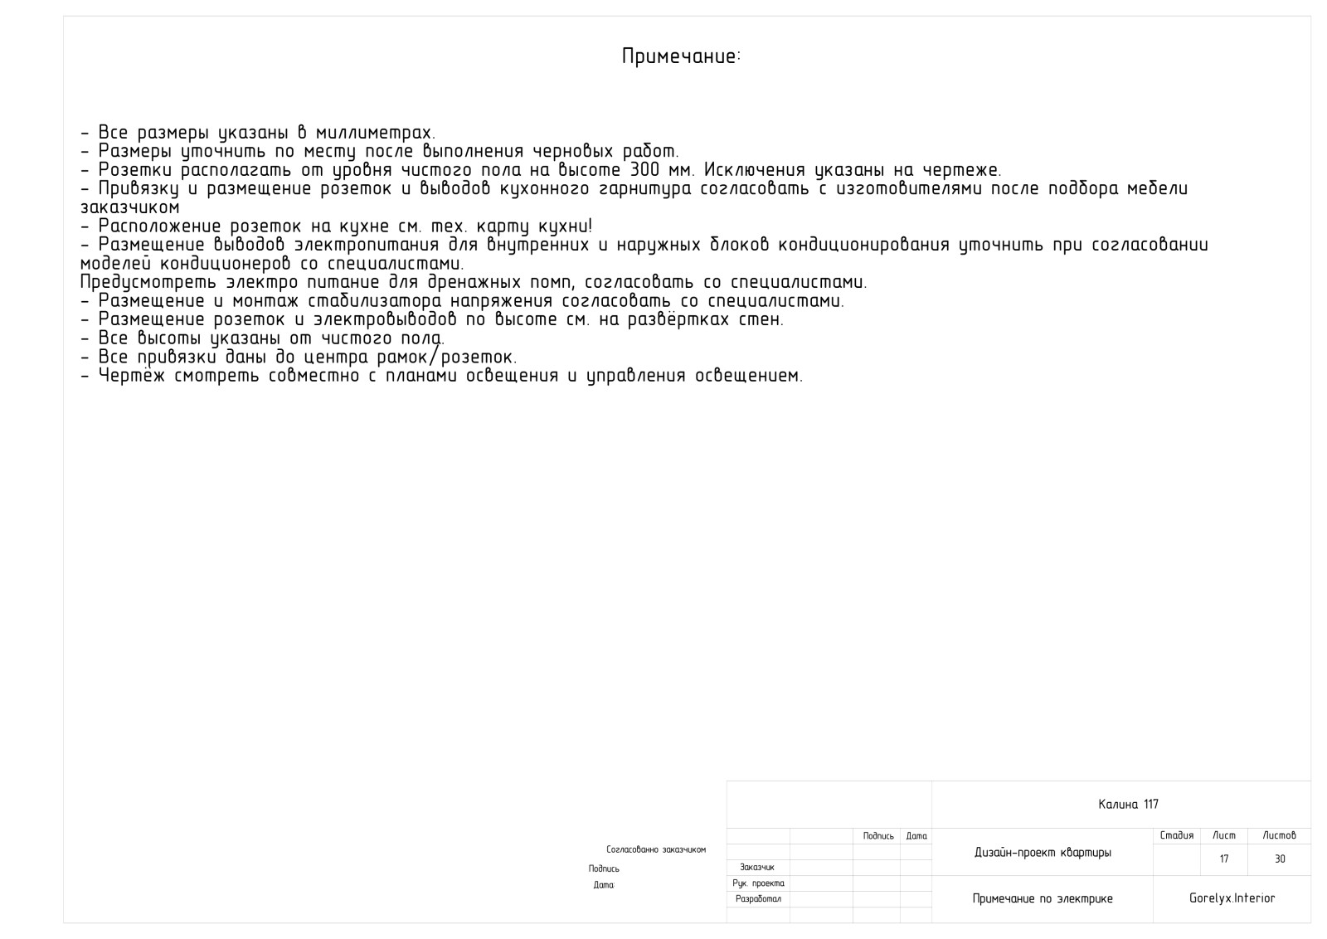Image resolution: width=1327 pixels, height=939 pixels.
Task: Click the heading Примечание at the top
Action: click(680, 57)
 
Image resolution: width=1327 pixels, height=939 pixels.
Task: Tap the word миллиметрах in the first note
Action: click(375, 133)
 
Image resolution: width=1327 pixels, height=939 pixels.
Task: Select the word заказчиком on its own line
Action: click(129, 208)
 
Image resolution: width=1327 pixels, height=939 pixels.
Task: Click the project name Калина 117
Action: click(1128, 805)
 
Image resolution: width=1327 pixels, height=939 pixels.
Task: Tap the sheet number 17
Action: click(1224, 859)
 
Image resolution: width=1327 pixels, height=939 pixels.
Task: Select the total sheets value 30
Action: click(1280, 859)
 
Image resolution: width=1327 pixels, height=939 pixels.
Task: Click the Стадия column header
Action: click(1176, 836)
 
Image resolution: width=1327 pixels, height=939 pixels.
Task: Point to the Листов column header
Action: click(1279, 836)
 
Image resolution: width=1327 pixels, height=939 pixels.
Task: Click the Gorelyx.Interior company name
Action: click(1232, 898)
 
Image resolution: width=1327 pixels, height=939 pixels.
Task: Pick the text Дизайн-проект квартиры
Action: click(1043, 853)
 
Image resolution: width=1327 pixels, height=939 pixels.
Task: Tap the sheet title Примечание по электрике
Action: click(1043, 899)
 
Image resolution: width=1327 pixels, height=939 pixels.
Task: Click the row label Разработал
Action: click(758, 899)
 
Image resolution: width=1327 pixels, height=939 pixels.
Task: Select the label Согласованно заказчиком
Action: click(656, 850)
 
